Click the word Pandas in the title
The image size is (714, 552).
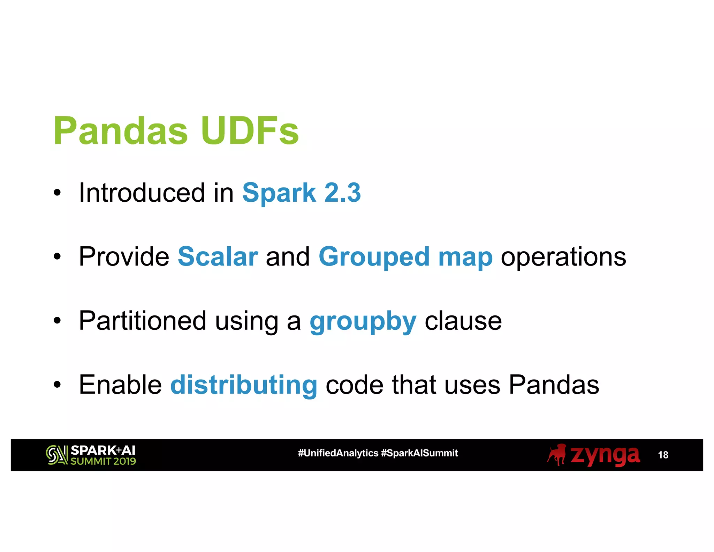120,131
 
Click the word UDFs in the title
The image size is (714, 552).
249,131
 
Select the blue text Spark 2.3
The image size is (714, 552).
301,193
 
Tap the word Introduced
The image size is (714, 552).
142,193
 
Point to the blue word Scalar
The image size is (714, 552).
218,257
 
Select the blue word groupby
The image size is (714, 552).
363,322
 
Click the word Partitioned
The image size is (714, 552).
142,321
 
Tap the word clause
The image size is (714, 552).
463,321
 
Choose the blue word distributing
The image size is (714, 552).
243,385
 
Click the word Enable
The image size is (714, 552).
120,385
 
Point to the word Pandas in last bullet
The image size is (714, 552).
554,385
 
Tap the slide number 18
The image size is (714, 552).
663,455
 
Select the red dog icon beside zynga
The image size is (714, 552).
557,455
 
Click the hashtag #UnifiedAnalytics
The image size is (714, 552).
338,453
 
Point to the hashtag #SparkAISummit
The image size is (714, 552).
419,453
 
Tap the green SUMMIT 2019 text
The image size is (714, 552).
103,461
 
